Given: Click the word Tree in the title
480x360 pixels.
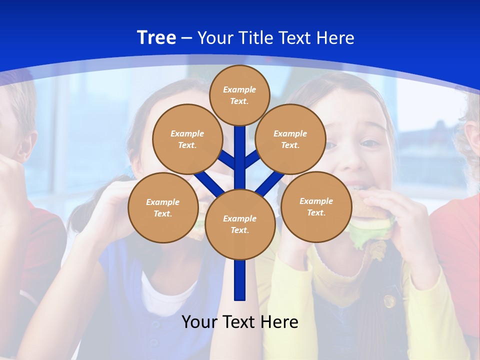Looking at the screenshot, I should pyautogui.click(x=156, y=38).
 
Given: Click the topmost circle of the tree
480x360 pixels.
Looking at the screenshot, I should pyautogui.click(x=239, y=95).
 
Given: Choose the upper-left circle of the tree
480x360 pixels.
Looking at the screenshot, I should pyautogui.click(x=187, y=139).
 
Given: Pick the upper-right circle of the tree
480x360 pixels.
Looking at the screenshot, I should pyautogui.click(x=290, y=139).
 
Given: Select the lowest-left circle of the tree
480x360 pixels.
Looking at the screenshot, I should pyautogui.click(x=163, y=207).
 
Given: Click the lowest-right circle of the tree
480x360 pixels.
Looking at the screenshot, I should pyautogui.click(x=316, y=206).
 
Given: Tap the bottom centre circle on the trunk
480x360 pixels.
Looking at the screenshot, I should pyautogui.click(x=240, y=224).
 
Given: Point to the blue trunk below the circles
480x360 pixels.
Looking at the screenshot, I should pyautogui.click(x=240, y=280).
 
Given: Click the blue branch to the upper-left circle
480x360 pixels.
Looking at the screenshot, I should pyautogui.click(x=227, y=159).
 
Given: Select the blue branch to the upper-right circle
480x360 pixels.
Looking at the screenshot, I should pyautogui.click(x=252, y=159).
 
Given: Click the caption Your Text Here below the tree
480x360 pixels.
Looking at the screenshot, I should pyautogui.click(x=240, y=322).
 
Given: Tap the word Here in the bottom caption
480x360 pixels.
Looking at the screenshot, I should pyautogui.click(x=280, y=322).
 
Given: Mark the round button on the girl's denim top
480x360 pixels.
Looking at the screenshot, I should pyautogui.click(x=388, y=300).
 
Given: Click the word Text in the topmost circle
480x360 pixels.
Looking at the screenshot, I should pyautogui.click(x=239, y=101).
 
